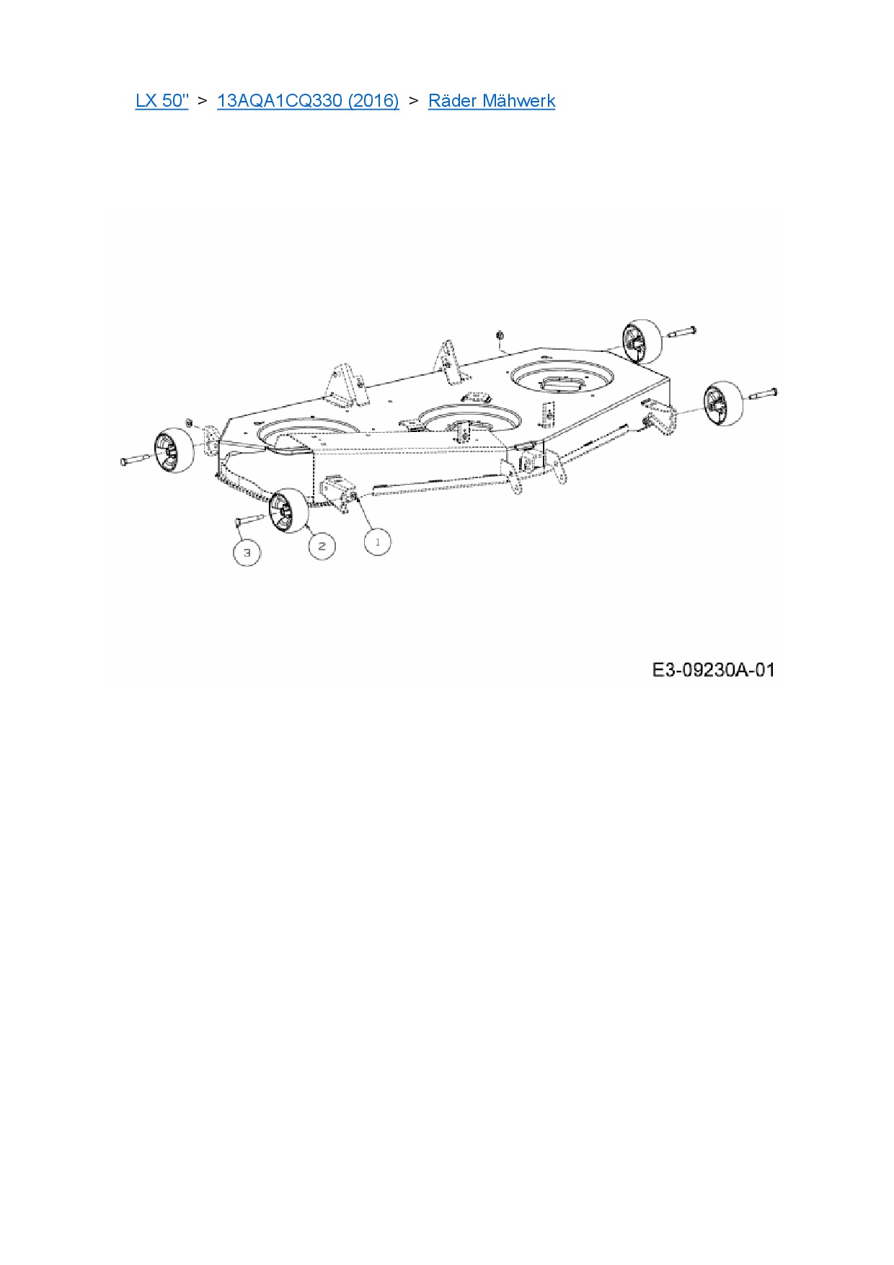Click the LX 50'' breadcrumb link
[161, 100]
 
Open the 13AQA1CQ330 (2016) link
[308, 100]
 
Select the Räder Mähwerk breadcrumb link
[492, 100]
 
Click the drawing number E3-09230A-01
[713, 670]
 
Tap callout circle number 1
[378, 542]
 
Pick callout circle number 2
[322, 546]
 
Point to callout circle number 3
[247, 552]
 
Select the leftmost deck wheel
[175, 451]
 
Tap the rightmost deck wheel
[723, 402]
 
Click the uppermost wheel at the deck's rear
[642, 342]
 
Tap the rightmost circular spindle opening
[562, 378]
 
